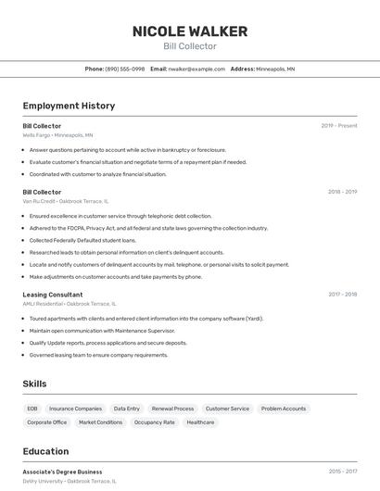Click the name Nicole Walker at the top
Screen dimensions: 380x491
pyautogui.click(x=190, y=31)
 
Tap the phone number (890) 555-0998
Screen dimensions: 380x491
pyautogui.click(x=125, y=69)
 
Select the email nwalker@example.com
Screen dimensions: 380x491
pyautogui.click(x=196, y=69)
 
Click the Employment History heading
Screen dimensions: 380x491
pyautogui.click(x=69, y=106)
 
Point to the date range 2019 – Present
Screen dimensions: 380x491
pyautogui.click(x=339, y=126)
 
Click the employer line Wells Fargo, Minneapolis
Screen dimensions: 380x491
pyautogui.click(x=57, y=135)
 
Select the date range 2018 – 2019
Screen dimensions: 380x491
pyautogui.click(x=342, y=192)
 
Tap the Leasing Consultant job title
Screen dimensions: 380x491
pyautogui.click(x=53, y=295)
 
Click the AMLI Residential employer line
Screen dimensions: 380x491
pyautogui.click(x=70, y=304)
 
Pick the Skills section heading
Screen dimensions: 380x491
pyautogui.click(x=34, y=384)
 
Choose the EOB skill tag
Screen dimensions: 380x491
pyautogui.click(x=32, y=409)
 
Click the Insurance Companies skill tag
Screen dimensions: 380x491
pyautogui.click(x=75, y=409)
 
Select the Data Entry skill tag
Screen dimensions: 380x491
pyautogui.click(x=127, y=409)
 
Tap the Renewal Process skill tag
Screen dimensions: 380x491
pyautogui.click(x=172, y=409)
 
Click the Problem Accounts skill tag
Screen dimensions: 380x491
pyautogui.click(x=284, y=409)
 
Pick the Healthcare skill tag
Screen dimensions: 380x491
pyautogui.click(x=200, y=422)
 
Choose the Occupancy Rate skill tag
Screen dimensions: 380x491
pyautogui.click(x=155, y=422)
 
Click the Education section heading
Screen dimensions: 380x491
pyautogui.click(x=45, y=452)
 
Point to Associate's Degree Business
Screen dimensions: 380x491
pyautogui.click(x=63, y=472)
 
